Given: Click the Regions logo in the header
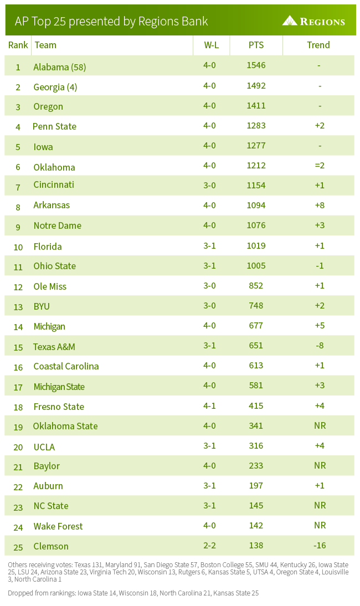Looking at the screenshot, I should (x=313, y=21).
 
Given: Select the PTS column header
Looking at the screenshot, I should (x=256, y=45).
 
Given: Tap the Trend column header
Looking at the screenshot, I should (x=318, y=45).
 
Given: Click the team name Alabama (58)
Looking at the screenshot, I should (x=60, y=67).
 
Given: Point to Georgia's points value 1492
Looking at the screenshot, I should (x=256, y=86).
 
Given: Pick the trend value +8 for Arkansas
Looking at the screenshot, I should (x=320, y=205).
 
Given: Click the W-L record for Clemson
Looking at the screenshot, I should (x=209, y=545).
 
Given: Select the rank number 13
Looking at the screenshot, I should (x=18, y=306).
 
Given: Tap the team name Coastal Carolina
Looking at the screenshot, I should (x=66, y=366).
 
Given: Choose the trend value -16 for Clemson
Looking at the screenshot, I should (x=320, y=545).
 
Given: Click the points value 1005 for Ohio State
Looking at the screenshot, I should (x=256, y=265).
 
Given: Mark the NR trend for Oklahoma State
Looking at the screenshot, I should (x=320, y=425).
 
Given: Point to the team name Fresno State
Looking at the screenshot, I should (x=59, y=407).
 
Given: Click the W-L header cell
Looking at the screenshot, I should (x=211, y=45).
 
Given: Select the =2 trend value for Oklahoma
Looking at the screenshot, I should (x=320, y=166).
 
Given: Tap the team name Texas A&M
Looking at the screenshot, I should (x=54, y=347).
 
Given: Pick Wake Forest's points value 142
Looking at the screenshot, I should (x=256, y=525).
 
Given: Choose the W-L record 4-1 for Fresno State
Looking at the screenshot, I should (x=209, y=405).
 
